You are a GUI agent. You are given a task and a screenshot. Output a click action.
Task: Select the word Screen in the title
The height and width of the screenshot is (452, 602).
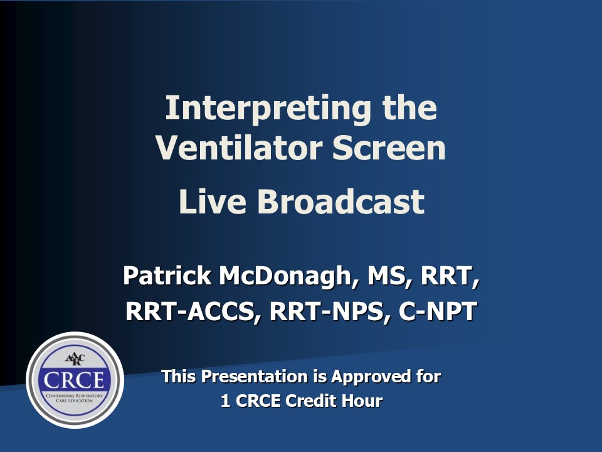point(389,148)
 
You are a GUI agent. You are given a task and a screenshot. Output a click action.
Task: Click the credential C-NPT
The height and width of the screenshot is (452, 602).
point(438,311)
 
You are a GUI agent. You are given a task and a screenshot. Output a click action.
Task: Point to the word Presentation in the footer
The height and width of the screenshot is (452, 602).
point(254,376)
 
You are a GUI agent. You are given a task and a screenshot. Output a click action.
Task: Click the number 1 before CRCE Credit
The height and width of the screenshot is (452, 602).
point(225,401)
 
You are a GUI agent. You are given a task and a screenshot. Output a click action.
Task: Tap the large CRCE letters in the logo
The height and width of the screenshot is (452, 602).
point(74,380)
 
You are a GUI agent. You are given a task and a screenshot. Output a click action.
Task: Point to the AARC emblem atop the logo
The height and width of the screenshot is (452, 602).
point(75,359)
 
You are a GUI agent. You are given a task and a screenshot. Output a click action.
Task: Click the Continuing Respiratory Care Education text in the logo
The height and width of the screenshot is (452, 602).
point(75,398)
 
